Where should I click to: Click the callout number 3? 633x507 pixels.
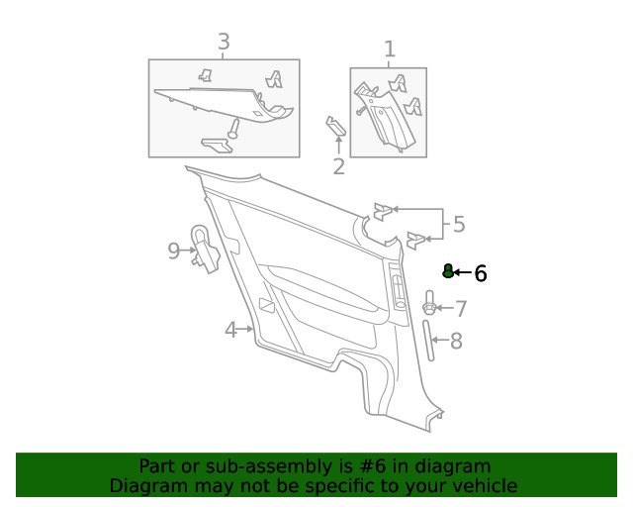224,42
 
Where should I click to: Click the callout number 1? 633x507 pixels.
389,49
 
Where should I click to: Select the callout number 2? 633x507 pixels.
338,166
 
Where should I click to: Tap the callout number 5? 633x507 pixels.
458,225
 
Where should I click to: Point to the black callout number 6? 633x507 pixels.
481,273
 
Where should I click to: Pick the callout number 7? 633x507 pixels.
460,309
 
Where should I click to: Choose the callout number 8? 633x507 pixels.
456,342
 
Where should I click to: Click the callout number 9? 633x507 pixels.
174,251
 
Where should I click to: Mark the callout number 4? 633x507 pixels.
230,330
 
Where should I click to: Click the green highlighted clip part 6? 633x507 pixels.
447,271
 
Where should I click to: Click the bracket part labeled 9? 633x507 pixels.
205,249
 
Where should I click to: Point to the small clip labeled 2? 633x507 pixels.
335,126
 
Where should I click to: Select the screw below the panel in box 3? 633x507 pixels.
234,128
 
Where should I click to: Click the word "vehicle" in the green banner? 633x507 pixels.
482,485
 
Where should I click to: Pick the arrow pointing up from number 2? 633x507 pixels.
338,147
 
